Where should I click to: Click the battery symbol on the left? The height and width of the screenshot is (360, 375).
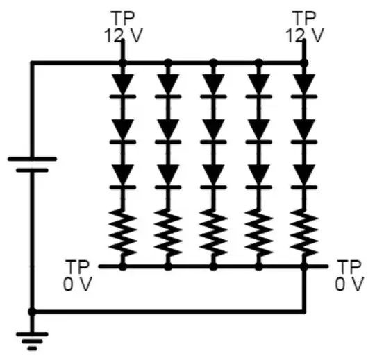(x=32, y=164)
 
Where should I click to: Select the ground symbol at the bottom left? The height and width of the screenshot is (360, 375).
(x=32, y=340)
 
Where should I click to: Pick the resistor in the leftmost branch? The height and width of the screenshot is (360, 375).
(x=123, y=233)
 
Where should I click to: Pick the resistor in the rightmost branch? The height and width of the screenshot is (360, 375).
(x=303, y=233)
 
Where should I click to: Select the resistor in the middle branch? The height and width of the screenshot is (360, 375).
(x=213, y=233)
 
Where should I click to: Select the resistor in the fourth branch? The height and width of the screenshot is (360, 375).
(x=259, y=233)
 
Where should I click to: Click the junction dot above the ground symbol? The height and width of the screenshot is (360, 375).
(x=32, y=311)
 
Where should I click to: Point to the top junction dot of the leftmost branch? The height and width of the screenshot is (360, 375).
(x=123, y=63)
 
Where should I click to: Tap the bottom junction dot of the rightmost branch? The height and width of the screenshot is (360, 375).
(x=303, y=266)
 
